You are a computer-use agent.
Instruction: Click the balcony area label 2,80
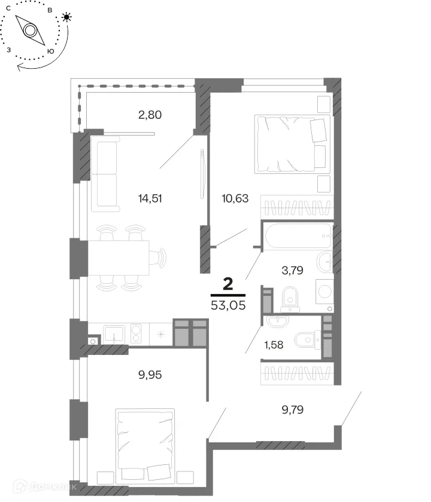coord(150,115)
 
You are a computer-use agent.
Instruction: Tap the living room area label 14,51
coord(150,198)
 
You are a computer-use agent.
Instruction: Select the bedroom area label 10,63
coord(235,198)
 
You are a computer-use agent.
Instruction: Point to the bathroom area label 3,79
coord(293,271)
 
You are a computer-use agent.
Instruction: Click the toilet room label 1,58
coord(274,345)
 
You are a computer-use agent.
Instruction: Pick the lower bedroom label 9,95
coord(150,375)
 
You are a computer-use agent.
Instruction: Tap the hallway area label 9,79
coord(293,409)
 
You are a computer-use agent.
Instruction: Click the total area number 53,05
coord(228,305)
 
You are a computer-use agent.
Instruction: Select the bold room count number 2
coord(228,284)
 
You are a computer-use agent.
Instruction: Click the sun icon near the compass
coord(66,17)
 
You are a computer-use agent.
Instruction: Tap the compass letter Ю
coord(50,51)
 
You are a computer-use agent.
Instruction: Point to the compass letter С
coord(8,8)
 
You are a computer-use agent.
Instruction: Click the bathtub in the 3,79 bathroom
coord(298,236)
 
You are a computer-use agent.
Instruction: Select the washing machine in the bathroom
coord(324,292)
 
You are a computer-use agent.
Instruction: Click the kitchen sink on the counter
coord(114,335)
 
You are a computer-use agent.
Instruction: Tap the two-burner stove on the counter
coord(136,334)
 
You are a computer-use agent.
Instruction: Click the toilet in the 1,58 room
coord(308,340)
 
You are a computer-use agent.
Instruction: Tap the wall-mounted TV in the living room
coord(202,174)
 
